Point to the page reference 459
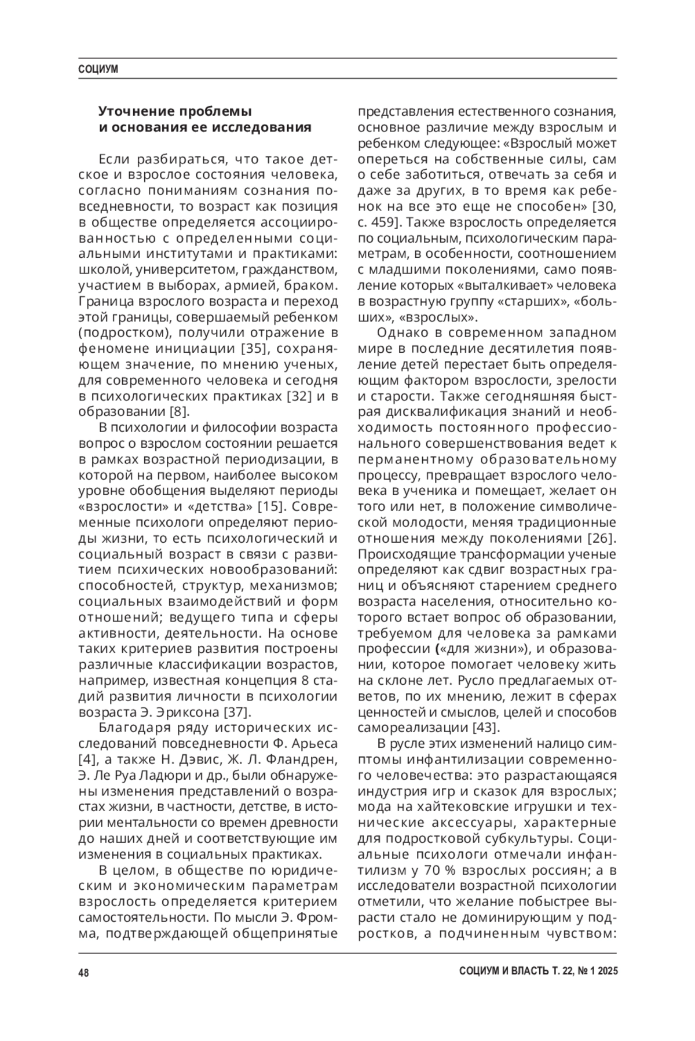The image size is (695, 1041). [384, 222]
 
